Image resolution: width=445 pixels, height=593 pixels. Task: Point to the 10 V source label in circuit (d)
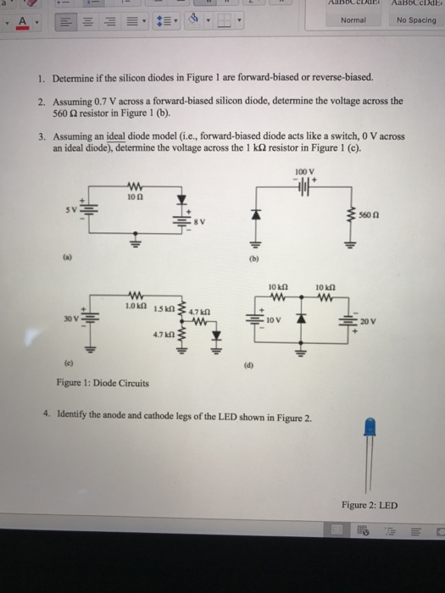coord(268,323)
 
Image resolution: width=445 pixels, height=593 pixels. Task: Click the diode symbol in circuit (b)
coord(248,221)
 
